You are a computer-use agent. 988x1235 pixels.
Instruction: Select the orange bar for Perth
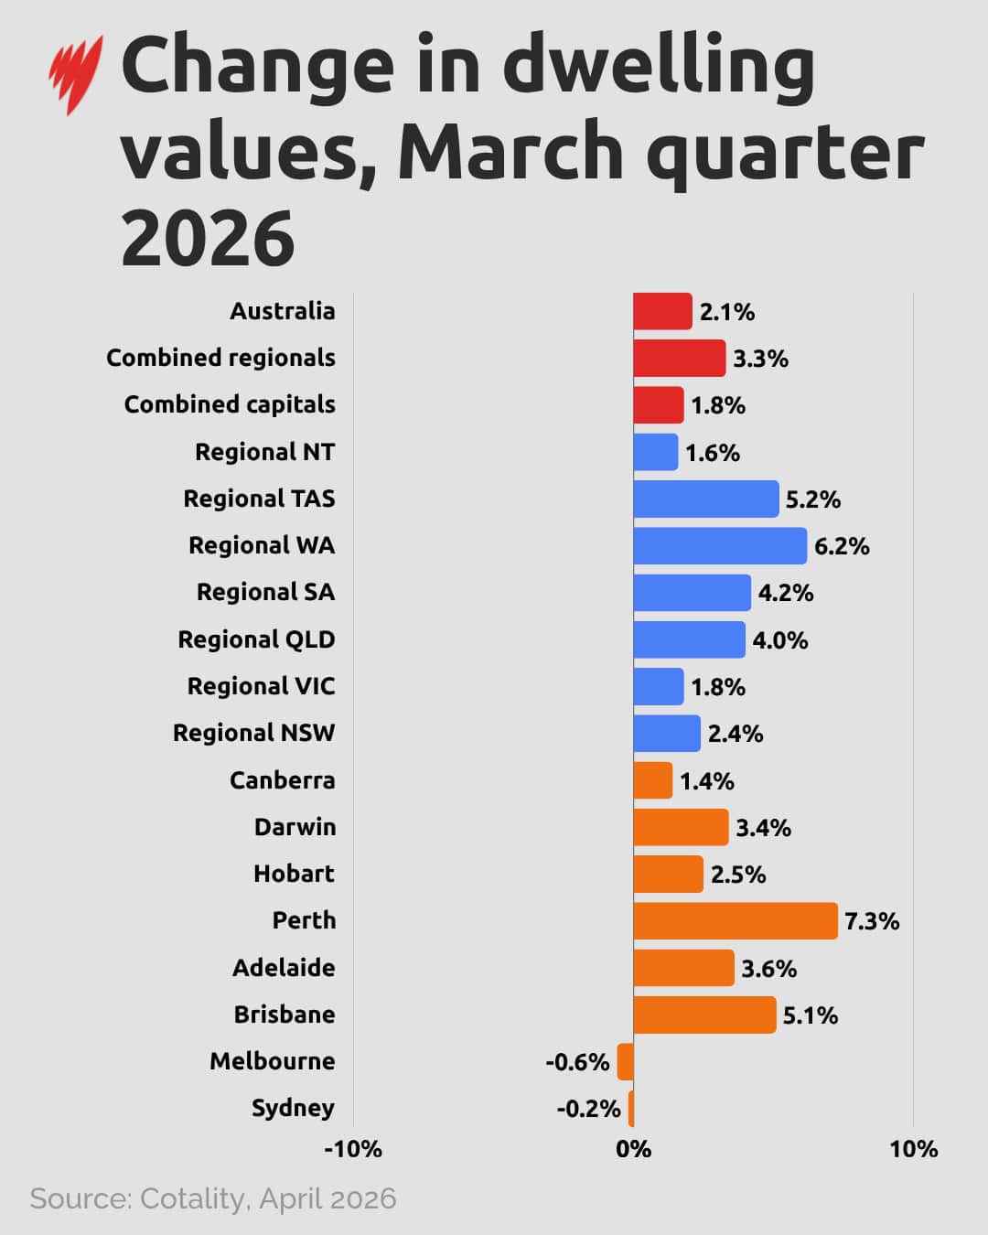(x=735, y=920)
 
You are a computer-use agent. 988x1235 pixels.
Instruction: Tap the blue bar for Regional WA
(x=720, y=545)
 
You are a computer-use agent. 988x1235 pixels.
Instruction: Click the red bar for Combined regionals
(x=679, y=358)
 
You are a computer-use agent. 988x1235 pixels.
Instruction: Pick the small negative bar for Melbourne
(x=625, y=1061)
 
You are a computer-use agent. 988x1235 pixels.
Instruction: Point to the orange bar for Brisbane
(x=704, y=1015)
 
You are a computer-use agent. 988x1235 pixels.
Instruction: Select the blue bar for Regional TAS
(x=705, y=499)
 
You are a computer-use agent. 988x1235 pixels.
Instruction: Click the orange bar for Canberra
(x=652, y=780)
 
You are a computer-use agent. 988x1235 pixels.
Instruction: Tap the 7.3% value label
(x=871, y=921)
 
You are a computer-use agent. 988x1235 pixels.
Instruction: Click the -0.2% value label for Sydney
(x=588, y=1109)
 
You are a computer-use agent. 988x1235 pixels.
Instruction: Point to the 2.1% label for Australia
(x=726, y=312)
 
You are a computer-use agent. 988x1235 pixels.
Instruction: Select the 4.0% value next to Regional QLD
(x=779, y=640)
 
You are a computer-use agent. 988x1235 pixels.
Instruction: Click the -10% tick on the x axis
(x=353, y=1149)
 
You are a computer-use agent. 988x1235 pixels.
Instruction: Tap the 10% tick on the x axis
(x=913, y=1149)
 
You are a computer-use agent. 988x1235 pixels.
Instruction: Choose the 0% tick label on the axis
(x=633, y=1149)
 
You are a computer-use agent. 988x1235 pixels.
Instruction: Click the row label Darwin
(x=295, y=827)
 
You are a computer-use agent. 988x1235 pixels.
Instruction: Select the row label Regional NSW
(x=253, y=733)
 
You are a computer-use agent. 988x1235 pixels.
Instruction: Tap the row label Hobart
(x=294, y=874)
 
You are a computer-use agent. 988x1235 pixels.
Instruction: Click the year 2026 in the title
(x=208, y=238)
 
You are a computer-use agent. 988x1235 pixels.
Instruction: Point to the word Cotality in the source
(x=192, y=1198)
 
